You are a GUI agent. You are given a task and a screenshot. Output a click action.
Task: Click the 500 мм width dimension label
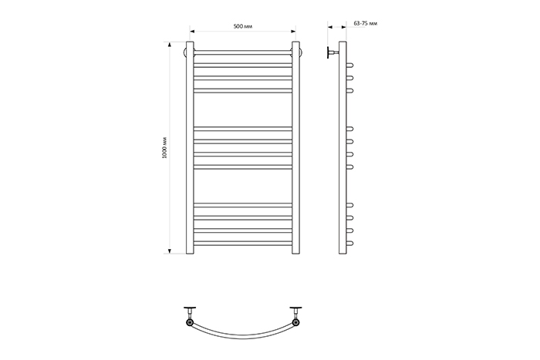pos(243,26)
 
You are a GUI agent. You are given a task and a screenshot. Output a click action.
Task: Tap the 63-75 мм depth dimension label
pos(366,23)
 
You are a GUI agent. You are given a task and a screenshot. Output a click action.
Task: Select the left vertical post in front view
pos(190,148)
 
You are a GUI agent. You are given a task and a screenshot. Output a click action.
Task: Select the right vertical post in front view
pos(295,148)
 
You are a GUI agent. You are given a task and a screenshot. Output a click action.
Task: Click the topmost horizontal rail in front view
pos(243,52)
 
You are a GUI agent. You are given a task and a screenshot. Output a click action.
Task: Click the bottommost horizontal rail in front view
pos(243,244)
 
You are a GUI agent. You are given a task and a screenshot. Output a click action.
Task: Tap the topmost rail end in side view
pos(350,65)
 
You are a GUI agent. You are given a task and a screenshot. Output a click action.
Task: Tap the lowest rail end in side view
pos(350,244)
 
